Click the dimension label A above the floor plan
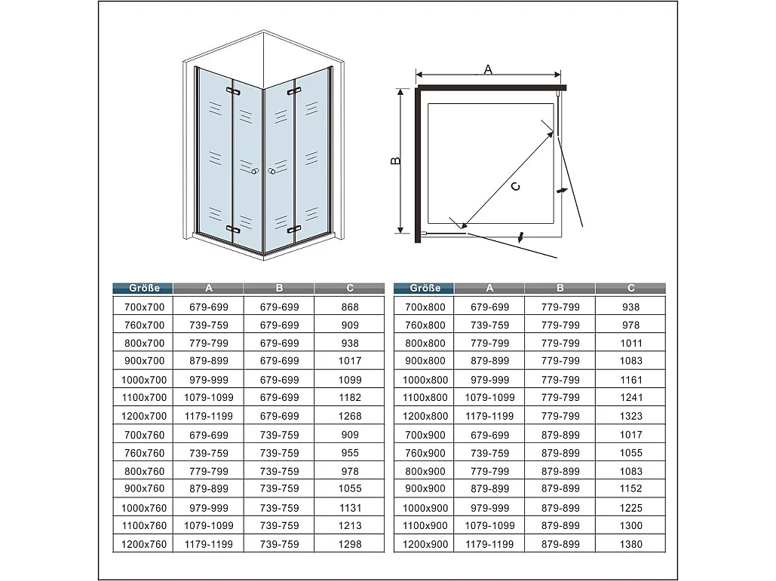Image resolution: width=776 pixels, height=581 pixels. click(x=488, y=69)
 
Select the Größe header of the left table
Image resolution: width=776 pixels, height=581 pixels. click(x=143, y=288)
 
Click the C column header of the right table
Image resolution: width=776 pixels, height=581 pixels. click(x=630, y=288)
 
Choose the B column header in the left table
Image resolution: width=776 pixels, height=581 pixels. click(x=279, y=288)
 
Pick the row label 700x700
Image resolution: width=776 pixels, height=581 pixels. click(x=143, y=307)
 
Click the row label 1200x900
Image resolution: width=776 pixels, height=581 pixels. click(x=425, y=543)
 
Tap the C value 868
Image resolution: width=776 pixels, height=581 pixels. click(x=350, y=307)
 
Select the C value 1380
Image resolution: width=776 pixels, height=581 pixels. click(x=631, y=543)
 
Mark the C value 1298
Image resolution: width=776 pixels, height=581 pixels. click(x=350, y=543)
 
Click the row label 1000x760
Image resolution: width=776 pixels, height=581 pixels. click(x=143, y=507)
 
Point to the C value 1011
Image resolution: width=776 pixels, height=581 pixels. click(x=631, y=343)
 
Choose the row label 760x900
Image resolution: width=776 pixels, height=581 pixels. click(x=425, y=453)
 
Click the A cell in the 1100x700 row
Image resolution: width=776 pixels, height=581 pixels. click(x=208, y=398)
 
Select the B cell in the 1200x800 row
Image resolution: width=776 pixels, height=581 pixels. click(x=560, y=416)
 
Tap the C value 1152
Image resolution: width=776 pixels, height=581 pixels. click(x=631, y=488)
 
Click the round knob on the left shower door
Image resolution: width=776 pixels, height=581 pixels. click(x=256, y=173)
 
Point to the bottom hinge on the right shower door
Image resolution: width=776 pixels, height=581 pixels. click(x=294, y=228)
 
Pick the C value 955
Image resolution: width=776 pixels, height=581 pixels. click(x=350, y=453)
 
